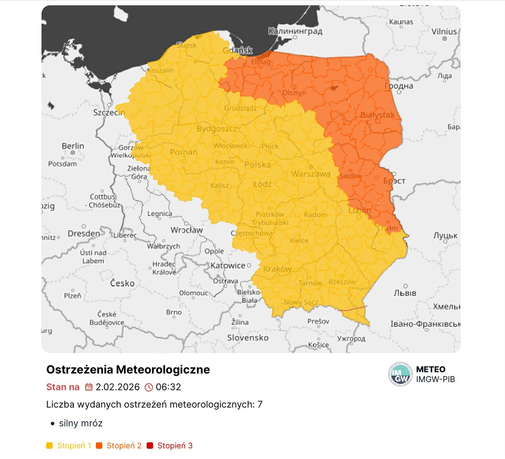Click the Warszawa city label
point(311,174)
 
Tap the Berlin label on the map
point(73,146)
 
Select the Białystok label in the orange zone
point(378,115)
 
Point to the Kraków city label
point(277,269)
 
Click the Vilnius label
point(444,32)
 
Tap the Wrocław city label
point(186,230)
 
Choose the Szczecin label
point(109,112)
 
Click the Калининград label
point(295,31)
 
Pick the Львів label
point(405,293)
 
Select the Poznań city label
point(183,152)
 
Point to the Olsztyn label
point(294,93)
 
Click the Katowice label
point(228,265)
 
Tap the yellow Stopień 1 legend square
point(49,446)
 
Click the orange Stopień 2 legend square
point(99,446)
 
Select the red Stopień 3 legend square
point(150,446)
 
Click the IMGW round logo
point(400,374)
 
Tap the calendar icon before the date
point(88,387)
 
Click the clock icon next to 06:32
point(149,387)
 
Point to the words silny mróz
point(81,423)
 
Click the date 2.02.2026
point(118,387)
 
